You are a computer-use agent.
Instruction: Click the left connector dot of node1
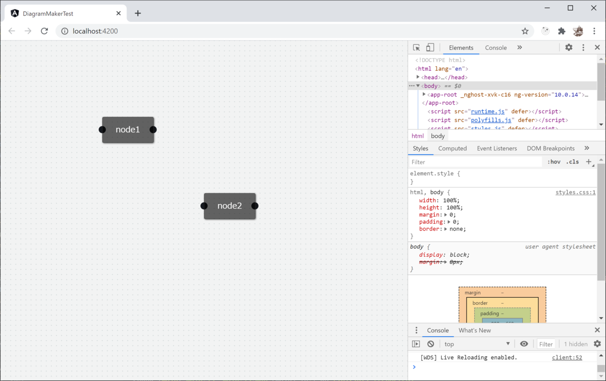click(103, 130)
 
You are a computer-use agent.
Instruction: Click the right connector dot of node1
click(153, 130)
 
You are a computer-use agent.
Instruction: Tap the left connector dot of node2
click(204, 206)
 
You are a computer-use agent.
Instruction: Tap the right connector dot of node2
click(255, 206)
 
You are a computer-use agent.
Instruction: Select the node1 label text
click(128, 130)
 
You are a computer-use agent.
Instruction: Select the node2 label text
click(230, 206)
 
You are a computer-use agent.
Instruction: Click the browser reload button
click(44, 31)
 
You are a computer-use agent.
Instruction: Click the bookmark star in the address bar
click(525, 31)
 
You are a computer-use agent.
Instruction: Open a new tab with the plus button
click(138, 14)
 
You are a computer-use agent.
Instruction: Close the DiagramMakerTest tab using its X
click(119, 14)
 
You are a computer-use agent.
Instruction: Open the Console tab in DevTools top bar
click(496, 48)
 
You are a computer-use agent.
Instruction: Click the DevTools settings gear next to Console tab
click(569, 47)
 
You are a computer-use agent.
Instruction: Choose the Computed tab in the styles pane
click(452, 148)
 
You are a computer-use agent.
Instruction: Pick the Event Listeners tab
click(497, 148)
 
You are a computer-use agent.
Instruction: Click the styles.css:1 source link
click(576, 192)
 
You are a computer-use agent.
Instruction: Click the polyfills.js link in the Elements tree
click(492, 120)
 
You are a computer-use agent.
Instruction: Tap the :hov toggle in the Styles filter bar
click(554, 162)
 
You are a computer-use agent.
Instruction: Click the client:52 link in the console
click(567, 357)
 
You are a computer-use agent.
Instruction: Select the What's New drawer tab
click(475, 331)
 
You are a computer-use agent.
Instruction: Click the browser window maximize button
click(570, 8)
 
